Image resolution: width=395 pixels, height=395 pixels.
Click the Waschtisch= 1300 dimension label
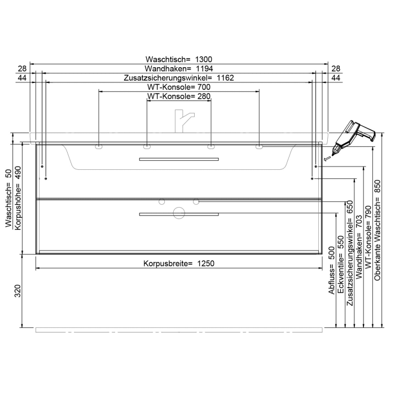[x=178, y=59]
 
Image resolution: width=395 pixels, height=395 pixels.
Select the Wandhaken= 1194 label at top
[x=178, y=68]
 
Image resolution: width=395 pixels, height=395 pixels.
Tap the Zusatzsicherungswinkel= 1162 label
[x=178, y=77]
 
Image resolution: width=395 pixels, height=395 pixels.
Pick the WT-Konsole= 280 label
[x=178, y=96]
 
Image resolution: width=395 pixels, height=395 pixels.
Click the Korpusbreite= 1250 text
[x=178, y=264]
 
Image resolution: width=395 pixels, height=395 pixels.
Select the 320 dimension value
[x=17, y=291]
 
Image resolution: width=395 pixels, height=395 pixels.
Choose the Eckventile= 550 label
[x=341, y=265]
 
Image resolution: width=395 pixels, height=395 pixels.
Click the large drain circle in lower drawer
[x=179, y=213]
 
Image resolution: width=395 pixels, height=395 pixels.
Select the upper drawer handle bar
[x=178, y=160]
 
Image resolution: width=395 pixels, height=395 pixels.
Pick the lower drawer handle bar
[x=178, y=214]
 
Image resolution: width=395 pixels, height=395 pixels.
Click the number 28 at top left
[x=22, y=68]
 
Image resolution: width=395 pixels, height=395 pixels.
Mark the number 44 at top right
[x=335, y=77]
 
